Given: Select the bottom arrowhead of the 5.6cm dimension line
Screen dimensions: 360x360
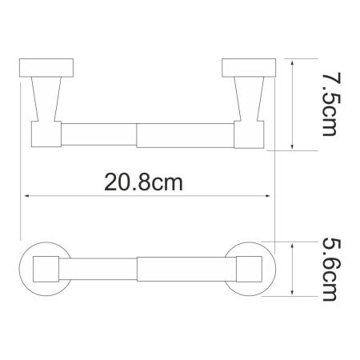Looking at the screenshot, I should tap(298, 293).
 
